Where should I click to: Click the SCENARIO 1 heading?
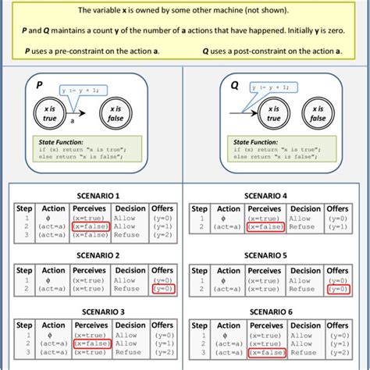coord(95,195)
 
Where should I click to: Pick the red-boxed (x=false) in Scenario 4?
coord(265,226)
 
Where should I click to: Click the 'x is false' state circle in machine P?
coord(116,114)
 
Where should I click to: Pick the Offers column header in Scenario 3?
coord(162,326)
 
